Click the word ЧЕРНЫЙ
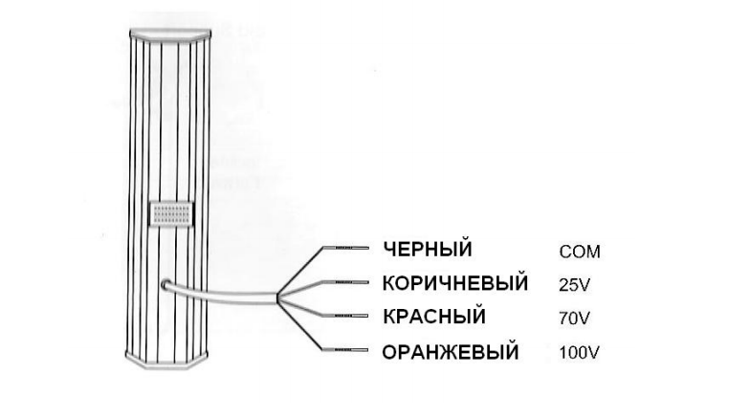[427, 250]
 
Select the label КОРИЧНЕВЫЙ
[454, 283]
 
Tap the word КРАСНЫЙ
[433, 317]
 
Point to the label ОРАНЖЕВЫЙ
[450, 352]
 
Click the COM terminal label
[579, 253]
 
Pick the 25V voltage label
[573, 285]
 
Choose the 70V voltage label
[573, 319]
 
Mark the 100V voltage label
[578, 353]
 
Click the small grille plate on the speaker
[172, 214]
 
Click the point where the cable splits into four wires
[278, 298]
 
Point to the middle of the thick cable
[222, 295]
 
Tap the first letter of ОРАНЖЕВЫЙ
[388, 352]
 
